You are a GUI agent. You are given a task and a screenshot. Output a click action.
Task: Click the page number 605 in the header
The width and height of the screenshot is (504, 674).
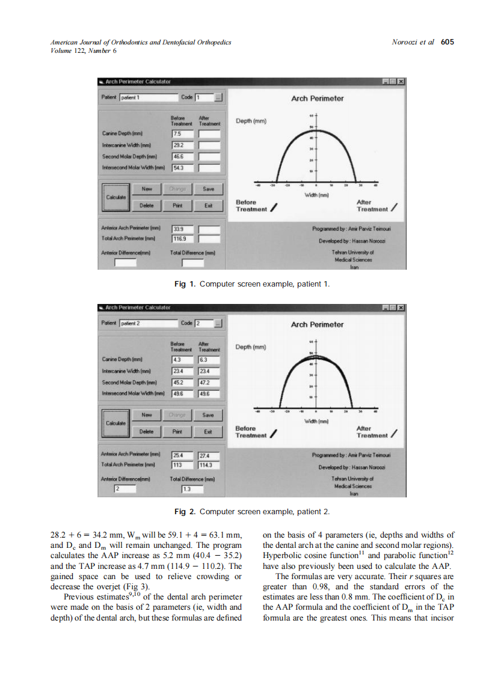coord(447,42)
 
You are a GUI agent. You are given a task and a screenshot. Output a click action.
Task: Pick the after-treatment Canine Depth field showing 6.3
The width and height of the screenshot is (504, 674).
coord(210,360)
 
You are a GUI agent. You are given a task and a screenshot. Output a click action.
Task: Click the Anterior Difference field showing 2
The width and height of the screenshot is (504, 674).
coord(125,489)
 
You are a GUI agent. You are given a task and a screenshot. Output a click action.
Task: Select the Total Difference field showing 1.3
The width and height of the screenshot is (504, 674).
coord(193,490)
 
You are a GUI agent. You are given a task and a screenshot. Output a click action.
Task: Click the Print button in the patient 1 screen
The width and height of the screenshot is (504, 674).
coord(177,205)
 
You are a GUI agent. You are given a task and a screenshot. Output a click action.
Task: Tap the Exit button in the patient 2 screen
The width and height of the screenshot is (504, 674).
coord(208,431)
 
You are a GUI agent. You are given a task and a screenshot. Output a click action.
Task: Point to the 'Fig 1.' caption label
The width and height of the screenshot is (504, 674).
coord(185,284)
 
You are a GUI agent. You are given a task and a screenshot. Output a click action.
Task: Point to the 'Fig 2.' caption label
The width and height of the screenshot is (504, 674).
coord(185,511)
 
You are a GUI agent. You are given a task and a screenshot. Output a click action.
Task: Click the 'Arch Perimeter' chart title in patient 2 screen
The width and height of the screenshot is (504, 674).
coord(317,324)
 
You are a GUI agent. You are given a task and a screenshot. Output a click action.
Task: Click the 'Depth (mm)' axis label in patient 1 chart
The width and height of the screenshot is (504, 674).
coord(251,121)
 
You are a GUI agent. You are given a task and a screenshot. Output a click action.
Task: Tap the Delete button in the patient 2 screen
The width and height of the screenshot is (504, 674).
coord(147,431)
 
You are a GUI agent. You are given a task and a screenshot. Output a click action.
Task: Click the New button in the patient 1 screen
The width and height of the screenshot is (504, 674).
coord(146,188)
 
